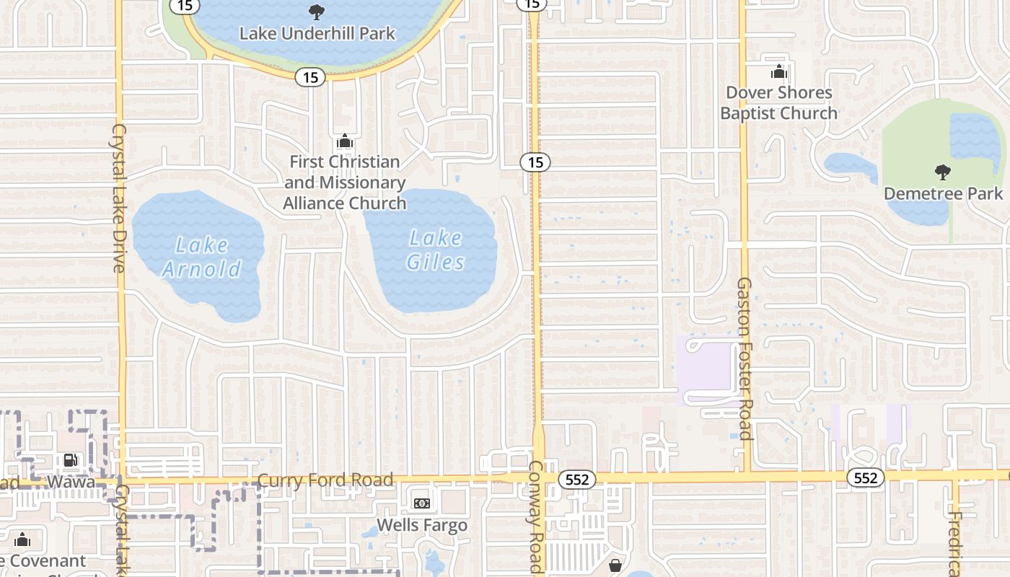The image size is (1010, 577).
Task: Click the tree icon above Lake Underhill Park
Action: pyautogui.click(x=316, y=12)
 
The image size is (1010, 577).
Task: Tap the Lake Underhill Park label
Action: pyautogui.click(x=317, y=33)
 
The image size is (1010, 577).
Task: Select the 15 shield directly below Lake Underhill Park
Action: pyautogui.click(x=310, y=77)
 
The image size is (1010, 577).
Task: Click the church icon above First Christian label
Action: pyautogui.click(x=345, y=141)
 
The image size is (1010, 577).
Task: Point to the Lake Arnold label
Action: pyautogui.click(x=201, y=257)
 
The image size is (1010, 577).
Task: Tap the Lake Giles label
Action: pyautogui.click(x=435, y=250)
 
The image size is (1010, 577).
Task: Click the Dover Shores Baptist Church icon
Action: pyautogui.click(x=778, y=72)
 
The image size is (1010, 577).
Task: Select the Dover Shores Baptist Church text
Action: pyautogui.click(x=779, y=103)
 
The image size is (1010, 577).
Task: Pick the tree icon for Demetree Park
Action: pyautogui.click(x=942, y=172)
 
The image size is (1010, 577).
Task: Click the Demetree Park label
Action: pyautogui.click(x=944, y=193)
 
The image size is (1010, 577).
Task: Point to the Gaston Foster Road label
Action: pyautogui.click(x=745, y=358)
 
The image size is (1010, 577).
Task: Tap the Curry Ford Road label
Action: pyautogui.click(x=325, y=480)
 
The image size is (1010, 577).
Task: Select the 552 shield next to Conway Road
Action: pyautogui.click(x=577, y=479)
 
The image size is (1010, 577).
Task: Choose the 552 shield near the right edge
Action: pyautogui.click(x=865, y=477)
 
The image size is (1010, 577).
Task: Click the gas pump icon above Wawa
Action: pyautogui.click(x=70, y=459)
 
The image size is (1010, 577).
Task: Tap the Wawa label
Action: pyautogui.click(x=71, y=481)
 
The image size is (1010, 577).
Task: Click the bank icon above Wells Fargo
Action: pyautogui.click(x=421, y=503)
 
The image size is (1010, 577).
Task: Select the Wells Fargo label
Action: pyautogui.click(x=422, y=525)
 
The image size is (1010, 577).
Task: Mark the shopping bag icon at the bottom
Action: pyautogui.click(x=615, y=565)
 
